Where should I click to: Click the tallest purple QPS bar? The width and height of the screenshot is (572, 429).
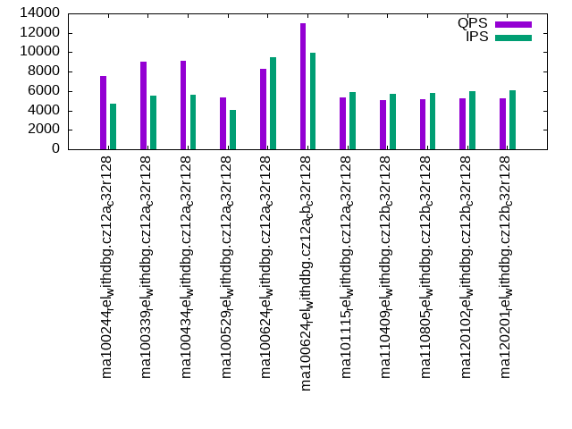pyautogui.click(x=303, y=86)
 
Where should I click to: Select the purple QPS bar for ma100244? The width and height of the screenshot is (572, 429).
pyautogui.click(x=104, y=113)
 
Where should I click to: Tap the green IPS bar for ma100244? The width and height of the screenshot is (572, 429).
pyautogui.click(x=114, y=126)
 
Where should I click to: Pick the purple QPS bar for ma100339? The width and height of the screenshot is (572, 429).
pyautogui.click(x=143, y=105)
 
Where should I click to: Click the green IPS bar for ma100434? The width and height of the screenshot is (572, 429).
pyautogui.click(x=193, y=122)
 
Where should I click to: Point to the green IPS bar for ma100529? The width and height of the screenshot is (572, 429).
pyautogui.click(x=233, y=130)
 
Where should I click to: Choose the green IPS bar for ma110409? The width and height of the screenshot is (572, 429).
pyautogui.click(x=392, y=122)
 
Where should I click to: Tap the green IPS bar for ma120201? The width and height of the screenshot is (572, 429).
pyautogui.click(x=512, y=120)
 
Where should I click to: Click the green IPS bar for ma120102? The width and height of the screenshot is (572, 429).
pyautogui.click(x=472, y=120)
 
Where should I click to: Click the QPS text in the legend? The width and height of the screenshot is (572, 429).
pyautogui.click(x=473, y=22)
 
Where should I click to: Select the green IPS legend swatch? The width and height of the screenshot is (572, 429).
pyautogui.click(x=513, y=38)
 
